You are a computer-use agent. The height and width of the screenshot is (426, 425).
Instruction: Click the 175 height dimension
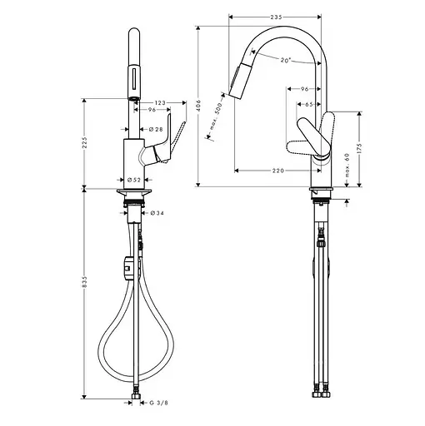360,149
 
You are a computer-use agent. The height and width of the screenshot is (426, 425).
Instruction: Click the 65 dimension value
307,104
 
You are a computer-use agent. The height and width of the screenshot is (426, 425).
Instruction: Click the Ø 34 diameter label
156,214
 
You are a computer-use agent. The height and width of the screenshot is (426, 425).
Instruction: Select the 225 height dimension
86,144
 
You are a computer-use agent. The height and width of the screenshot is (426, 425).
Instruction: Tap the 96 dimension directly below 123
153,111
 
